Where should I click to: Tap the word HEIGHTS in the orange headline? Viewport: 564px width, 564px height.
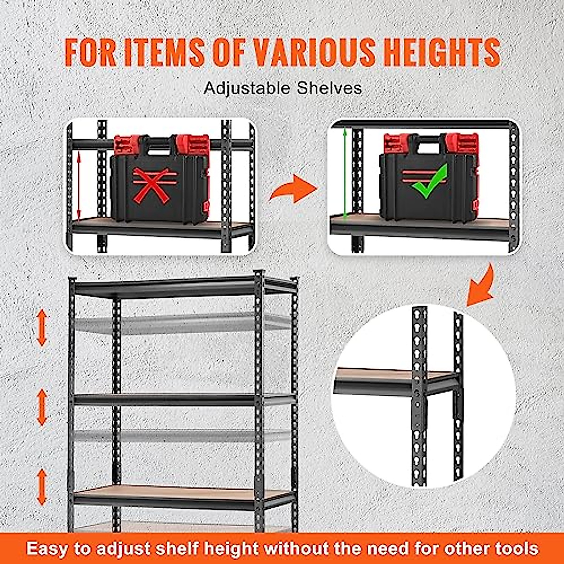441,52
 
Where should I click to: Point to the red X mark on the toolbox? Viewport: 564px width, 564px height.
151,186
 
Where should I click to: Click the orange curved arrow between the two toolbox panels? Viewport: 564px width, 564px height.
294,188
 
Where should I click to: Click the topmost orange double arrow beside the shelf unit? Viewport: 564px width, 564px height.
42,328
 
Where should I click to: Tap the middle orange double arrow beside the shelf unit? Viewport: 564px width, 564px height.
42,407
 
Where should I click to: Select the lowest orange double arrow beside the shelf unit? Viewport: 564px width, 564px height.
42,487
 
